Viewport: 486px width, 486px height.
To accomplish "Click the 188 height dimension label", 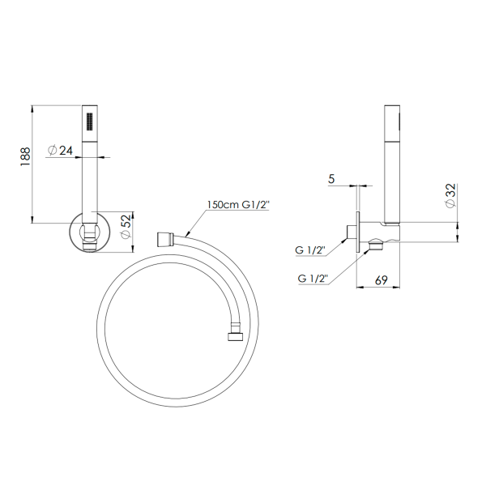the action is [25, 156].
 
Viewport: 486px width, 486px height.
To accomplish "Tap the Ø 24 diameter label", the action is [60, 151].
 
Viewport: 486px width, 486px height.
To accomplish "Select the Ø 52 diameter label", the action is [126, 227].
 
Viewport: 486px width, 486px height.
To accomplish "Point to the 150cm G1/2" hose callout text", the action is [238, 205].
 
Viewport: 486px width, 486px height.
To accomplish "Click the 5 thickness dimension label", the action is [331, 179].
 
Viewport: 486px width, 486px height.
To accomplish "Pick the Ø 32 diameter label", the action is [450, 196].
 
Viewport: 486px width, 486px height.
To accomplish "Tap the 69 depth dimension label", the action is [381, 280].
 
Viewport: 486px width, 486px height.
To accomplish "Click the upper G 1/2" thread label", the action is [309, 250].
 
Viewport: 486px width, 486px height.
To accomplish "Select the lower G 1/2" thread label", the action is [313, 279].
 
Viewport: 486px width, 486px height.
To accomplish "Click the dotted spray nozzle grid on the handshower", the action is [90, 122].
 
